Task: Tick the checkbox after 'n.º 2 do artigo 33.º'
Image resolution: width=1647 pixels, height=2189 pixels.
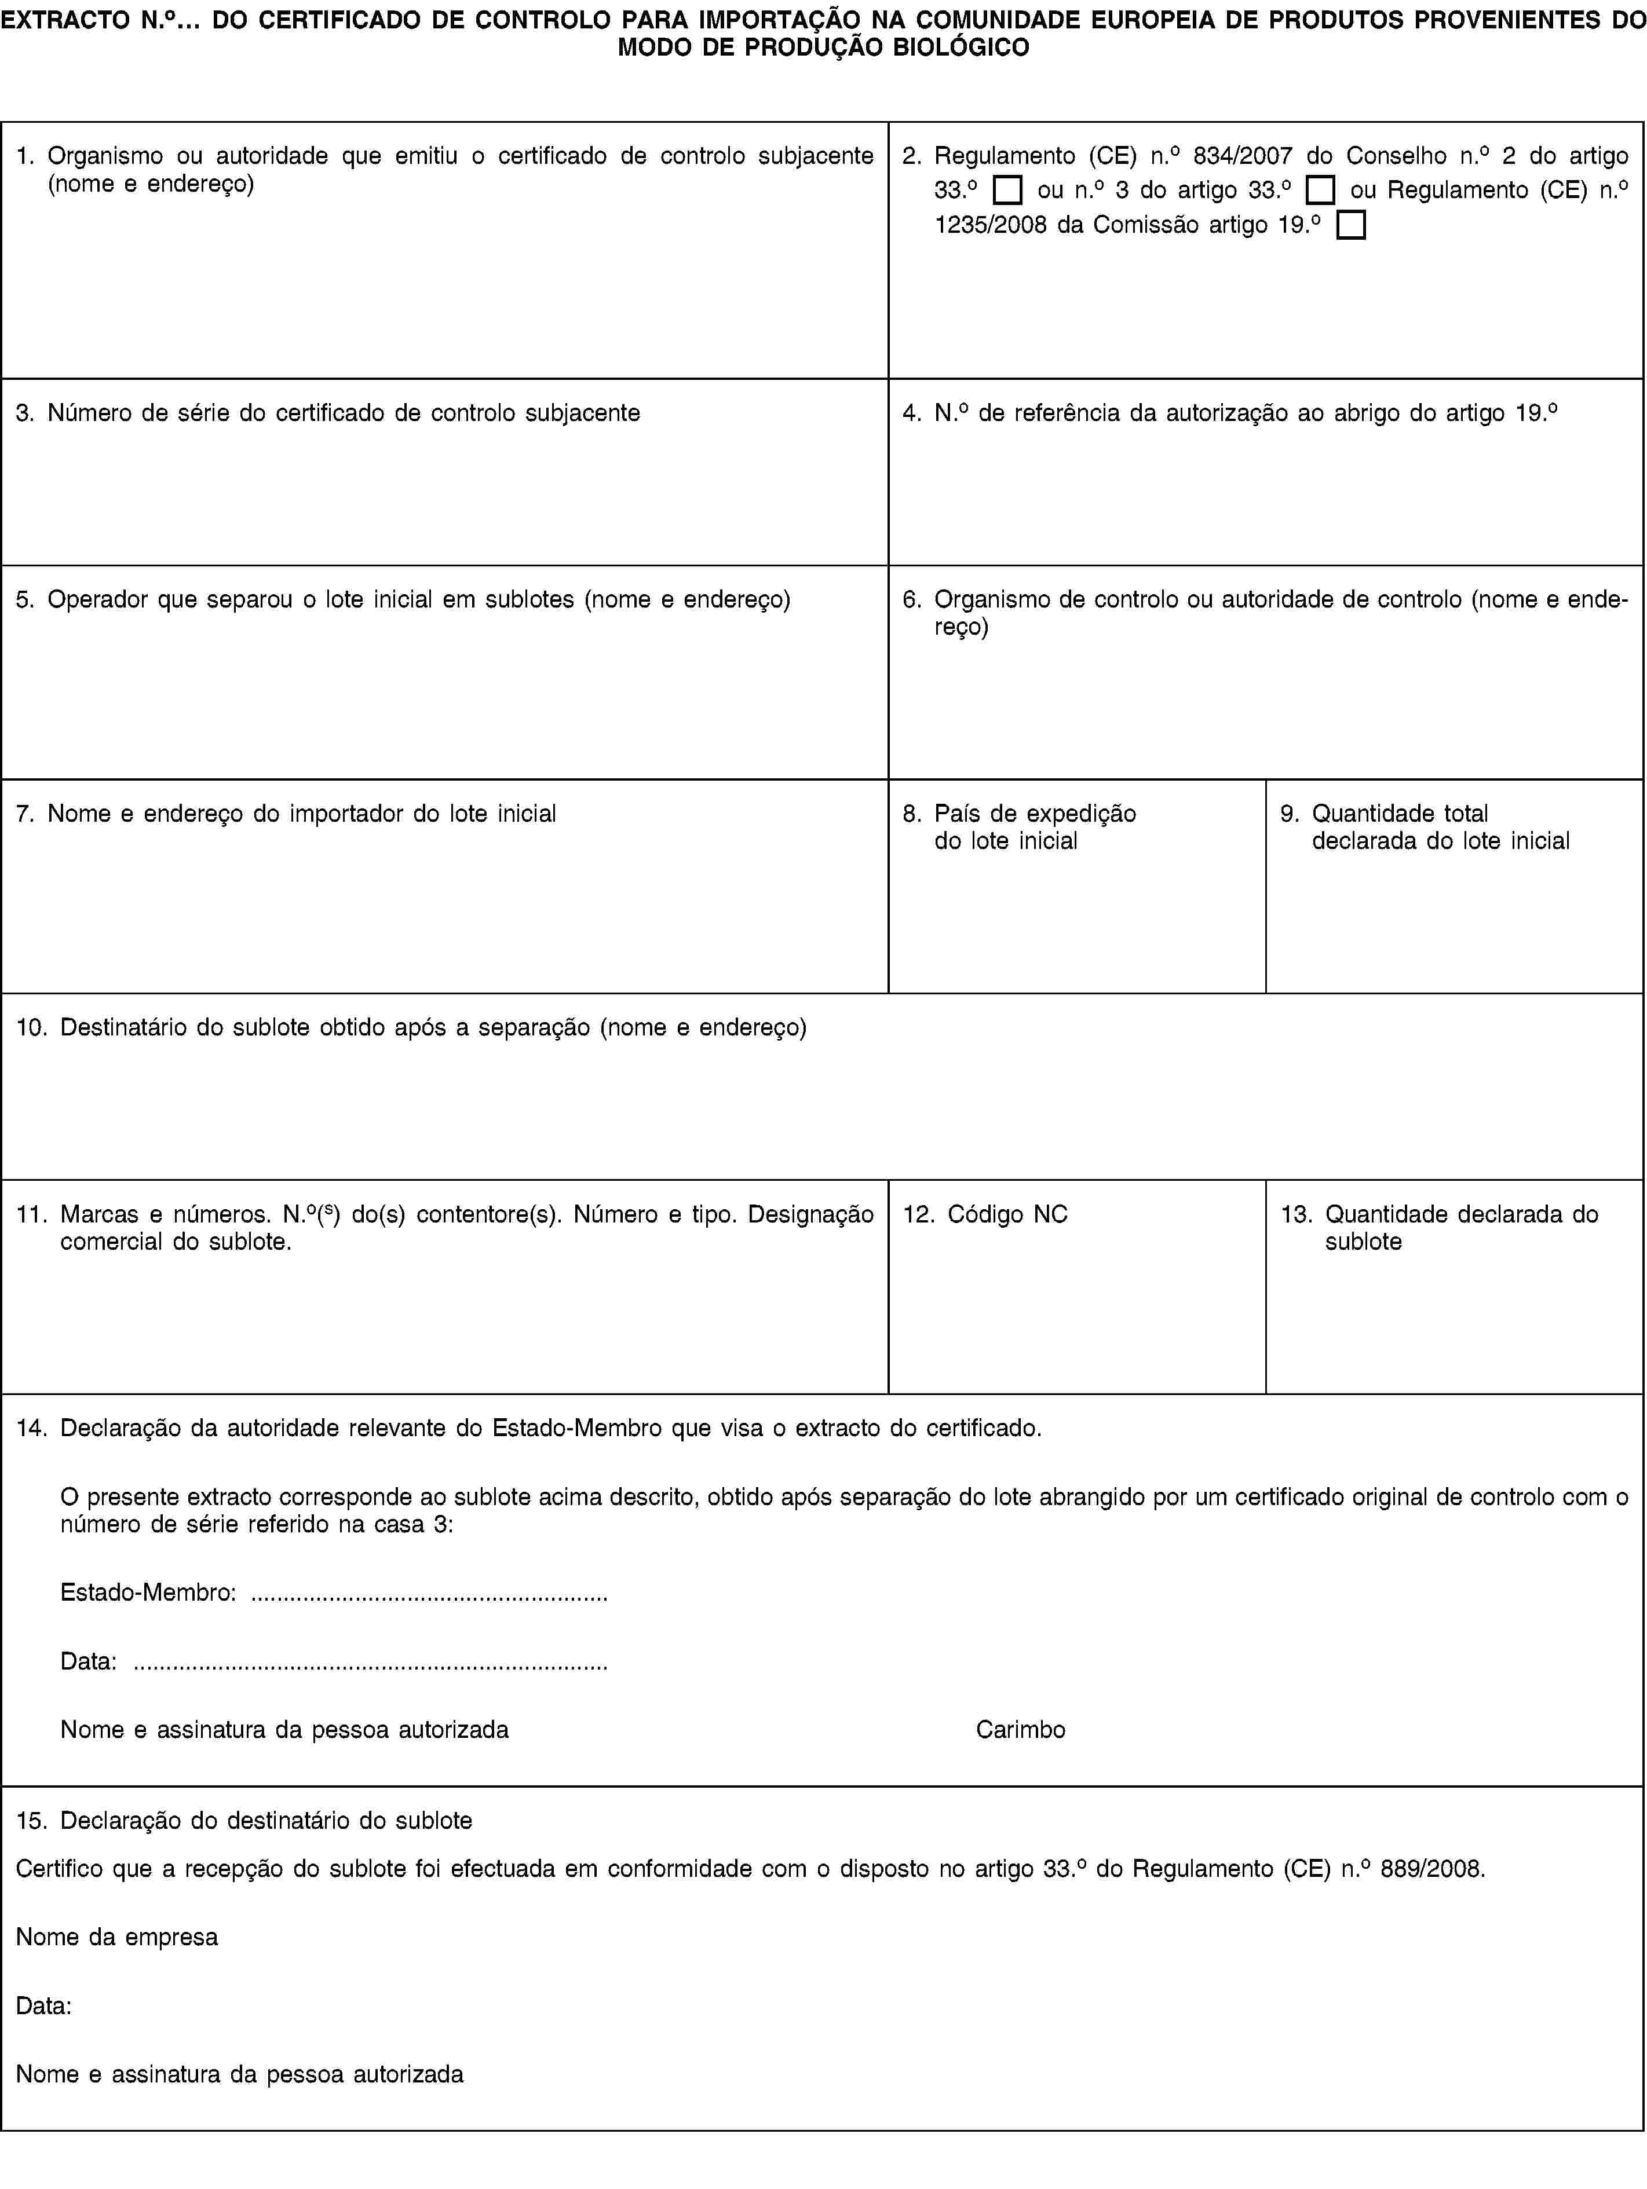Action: [1007, 190]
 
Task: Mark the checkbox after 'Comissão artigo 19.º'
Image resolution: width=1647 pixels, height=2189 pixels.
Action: [1350, 225]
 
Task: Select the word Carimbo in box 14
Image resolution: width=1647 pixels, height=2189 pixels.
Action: [1020, 1730]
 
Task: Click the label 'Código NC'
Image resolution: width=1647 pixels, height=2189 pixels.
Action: [1007, 1214]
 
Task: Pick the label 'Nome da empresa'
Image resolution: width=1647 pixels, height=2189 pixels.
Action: [117, 1937]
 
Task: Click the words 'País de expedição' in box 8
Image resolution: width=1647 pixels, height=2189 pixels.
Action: [1035, 814]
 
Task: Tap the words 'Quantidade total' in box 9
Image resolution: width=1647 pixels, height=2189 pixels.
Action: [1400, 814]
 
